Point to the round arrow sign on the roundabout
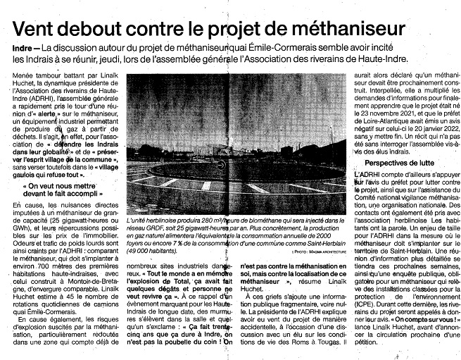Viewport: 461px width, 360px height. coord(222,165)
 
